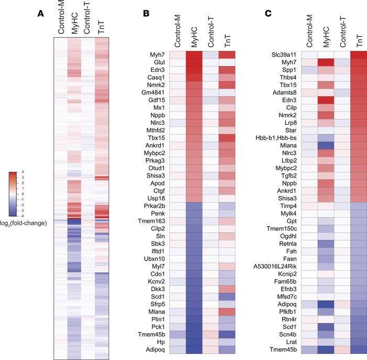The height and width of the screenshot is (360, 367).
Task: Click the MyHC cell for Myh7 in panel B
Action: click(195, 55)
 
